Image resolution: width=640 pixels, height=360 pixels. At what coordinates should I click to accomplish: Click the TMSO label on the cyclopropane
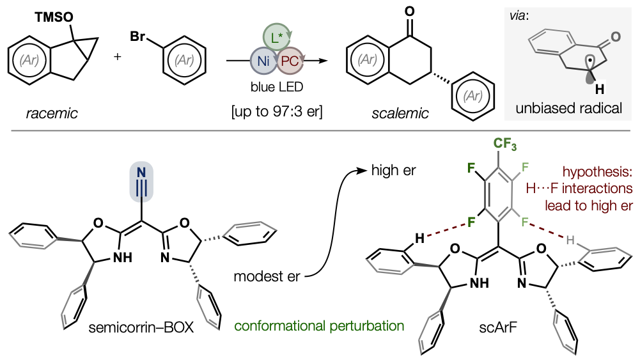coord(54,17)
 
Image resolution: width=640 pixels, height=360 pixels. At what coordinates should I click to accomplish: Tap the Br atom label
coord(137,36)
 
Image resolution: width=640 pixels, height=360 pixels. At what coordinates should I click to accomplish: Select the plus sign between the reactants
coord(118,56)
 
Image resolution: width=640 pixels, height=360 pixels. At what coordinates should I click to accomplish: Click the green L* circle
coord(277,38)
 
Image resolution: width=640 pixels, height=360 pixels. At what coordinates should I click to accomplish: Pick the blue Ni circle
coord(263,61)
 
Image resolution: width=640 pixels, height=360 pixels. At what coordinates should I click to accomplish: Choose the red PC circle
coord(290,61)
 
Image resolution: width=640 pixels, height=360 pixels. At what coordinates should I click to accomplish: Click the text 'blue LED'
coord(277,87)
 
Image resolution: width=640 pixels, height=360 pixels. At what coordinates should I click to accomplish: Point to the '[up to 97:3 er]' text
coord(277,111)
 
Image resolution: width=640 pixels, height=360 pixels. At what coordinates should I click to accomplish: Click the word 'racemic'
coord(52,113)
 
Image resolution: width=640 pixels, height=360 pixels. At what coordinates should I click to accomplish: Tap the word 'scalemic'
coord(400,113)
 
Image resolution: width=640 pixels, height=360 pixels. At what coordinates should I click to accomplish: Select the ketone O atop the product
coord(409,12)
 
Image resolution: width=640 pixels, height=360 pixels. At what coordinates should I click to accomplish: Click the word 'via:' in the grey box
coord(519,16)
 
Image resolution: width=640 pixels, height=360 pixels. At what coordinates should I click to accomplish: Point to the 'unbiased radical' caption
coord(568,108)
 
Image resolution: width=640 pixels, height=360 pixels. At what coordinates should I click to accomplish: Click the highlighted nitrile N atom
coord(141,173)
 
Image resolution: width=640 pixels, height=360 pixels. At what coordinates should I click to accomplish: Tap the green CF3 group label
coord(505,144)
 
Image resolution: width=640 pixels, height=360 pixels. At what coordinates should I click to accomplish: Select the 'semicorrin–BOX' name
coord(141,327)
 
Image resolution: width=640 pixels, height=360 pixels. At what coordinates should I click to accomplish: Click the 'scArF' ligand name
coord(498,327)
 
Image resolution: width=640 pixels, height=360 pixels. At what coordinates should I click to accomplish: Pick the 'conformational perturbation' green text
coord(319,325)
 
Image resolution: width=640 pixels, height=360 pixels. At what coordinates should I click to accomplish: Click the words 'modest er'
coord(267,276)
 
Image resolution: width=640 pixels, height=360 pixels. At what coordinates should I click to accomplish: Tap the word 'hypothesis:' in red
coord(598,172)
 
